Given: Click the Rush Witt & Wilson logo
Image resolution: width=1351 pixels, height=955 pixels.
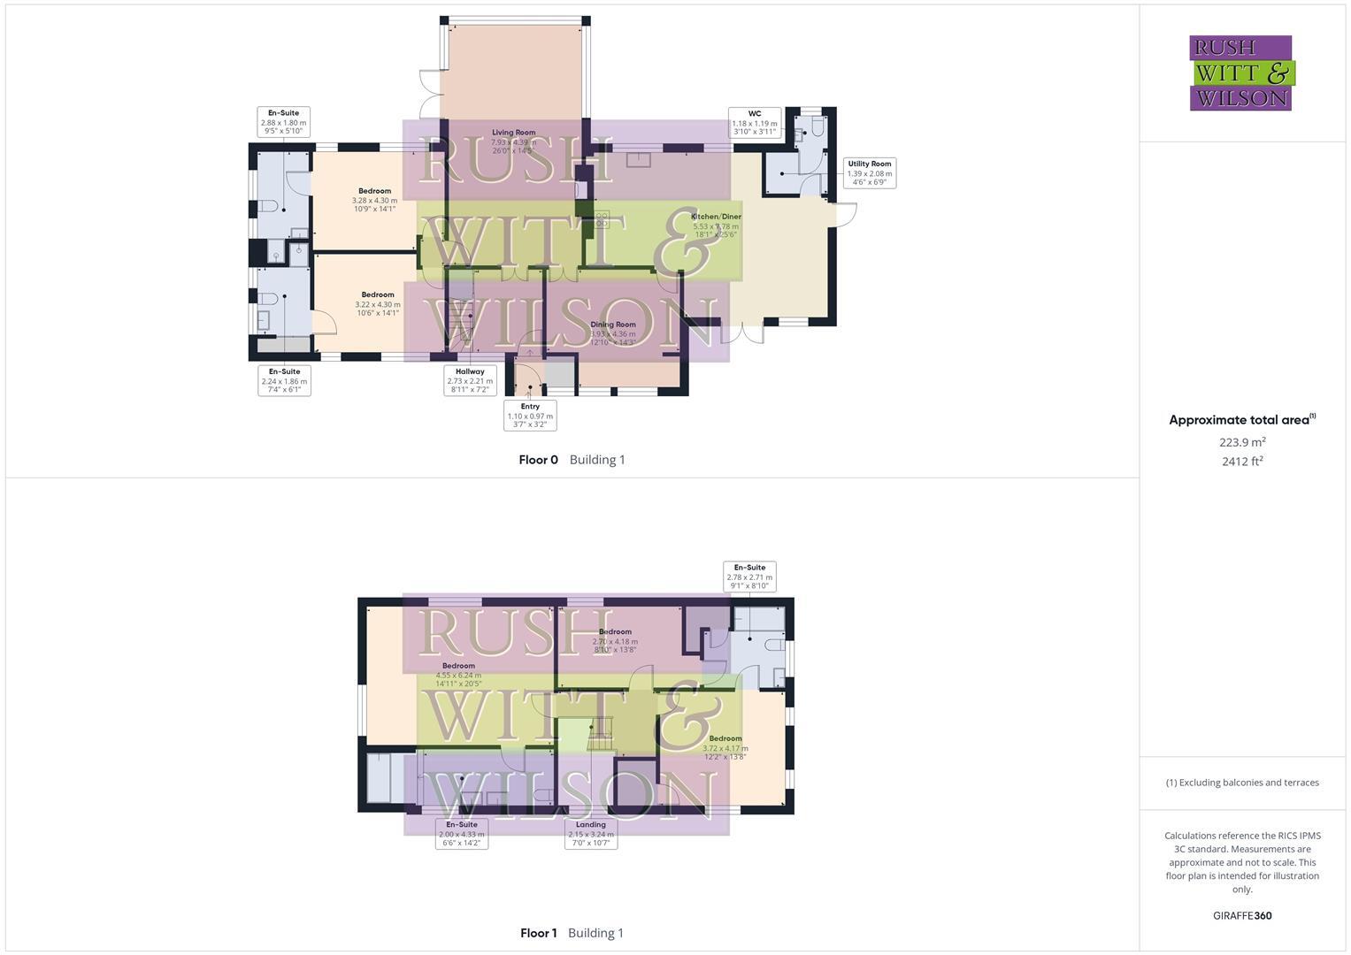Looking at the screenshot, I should coord(1240,73).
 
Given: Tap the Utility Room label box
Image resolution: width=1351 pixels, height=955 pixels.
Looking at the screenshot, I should coord(869,173).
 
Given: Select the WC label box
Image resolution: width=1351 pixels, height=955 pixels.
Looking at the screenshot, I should coord(754,123).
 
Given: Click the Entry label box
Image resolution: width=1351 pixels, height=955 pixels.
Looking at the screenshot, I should coord(530,416).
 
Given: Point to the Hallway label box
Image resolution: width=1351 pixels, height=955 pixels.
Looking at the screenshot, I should coord(470,381).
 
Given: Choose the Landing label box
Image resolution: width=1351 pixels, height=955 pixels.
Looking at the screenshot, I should coord(591,834).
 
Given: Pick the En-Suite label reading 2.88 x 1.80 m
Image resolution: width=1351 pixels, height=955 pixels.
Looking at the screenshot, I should coord(283,122).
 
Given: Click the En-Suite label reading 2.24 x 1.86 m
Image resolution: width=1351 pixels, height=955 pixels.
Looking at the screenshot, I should coord(284,381).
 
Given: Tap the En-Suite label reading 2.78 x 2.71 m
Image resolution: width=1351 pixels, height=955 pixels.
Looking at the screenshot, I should coord(749,577).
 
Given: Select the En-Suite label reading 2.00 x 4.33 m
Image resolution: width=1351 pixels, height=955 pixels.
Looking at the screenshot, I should coord(462,834).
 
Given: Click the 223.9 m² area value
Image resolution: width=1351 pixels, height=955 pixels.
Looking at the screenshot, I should coord(1242,442).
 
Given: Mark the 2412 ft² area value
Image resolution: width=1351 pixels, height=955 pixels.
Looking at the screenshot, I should coord(1242,462).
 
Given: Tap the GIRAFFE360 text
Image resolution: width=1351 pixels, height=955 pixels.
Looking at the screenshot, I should coord(1242,916).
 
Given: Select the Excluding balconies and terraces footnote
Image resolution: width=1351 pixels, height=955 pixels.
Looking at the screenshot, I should coord(1242,783).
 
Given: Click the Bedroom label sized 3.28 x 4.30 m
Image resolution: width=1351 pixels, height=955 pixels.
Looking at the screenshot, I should coord(374,200).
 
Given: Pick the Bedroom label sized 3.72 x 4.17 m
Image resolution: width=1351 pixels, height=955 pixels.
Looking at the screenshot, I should coord(725,747).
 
